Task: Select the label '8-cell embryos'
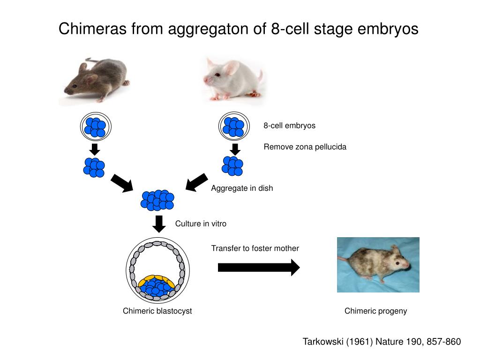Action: [x=289, y=126]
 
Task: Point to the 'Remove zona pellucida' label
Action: [x=305, y=147]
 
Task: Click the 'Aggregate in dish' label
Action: [x=241, y=188]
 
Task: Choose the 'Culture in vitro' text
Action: [x=201, y=224]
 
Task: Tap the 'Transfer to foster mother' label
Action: [x=255, y=248]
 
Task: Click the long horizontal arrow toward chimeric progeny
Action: [x=258, y=267]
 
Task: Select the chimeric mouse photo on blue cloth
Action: [x=378, y=264]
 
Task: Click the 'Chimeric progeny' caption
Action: [x=375, y=311]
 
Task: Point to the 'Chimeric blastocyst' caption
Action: [x=157, y=311]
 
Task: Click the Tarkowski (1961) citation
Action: [x=382, y=342]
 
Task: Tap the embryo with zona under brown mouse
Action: [x=95, y=127]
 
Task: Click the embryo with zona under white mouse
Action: [x=233, y=126]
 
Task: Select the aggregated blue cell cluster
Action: [x=157, y=200]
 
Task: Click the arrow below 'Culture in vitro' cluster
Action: [x=159, y=224]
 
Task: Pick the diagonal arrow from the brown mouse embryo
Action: [x=122, y=183]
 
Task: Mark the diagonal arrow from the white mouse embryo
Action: [x=197, y=182]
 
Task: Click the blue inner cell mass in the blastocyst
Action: [x=157, y=288]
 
